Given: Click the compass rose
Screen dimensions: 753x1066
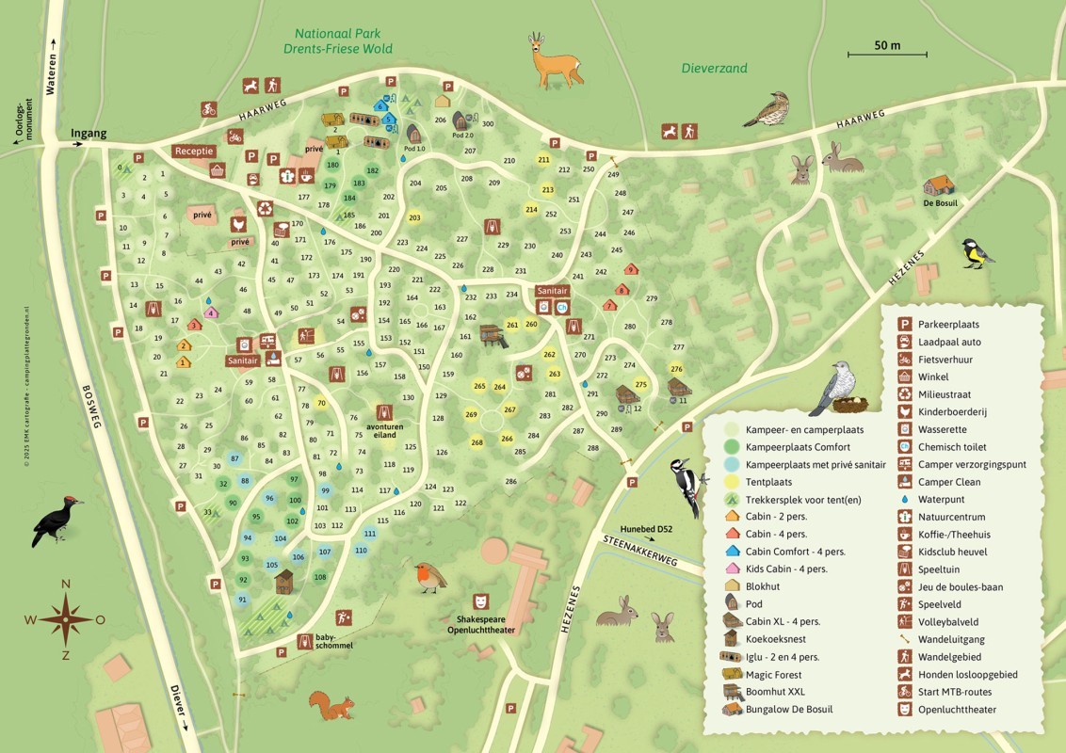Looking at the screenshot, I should pos(65,618).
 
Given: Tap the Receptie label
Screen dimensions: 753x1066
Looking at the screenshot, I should pos(194,151).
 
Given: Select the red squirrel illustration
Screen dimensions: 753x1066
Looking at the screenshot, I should pos(332,705).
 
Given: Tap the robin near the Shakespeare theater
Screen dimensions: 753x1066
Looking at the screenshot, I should pos(429,576).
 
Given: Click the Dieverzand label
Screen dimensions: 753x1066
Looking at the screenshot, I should pos(714,69).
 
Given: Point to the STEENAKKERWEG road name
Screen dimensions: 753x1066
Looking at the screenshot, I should pos(640,549).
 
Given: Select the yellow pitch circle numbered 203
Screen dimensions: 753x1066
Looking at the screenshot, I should pos(414,217).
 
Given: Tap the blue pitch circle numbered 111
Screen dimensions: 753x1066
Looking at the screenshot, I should pos(370,533).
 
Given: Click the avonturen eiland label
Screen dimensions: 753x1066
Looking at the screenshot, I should pos(384,429).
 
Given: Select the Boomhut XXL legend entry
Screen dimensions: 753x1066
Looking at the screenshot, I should pos(778,692).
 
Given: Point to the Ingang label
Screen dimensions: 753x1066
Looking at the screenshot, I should pos(89,134).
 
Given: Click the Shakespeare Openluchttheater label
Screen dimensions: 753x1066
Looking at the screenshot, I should pos(481,624).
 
